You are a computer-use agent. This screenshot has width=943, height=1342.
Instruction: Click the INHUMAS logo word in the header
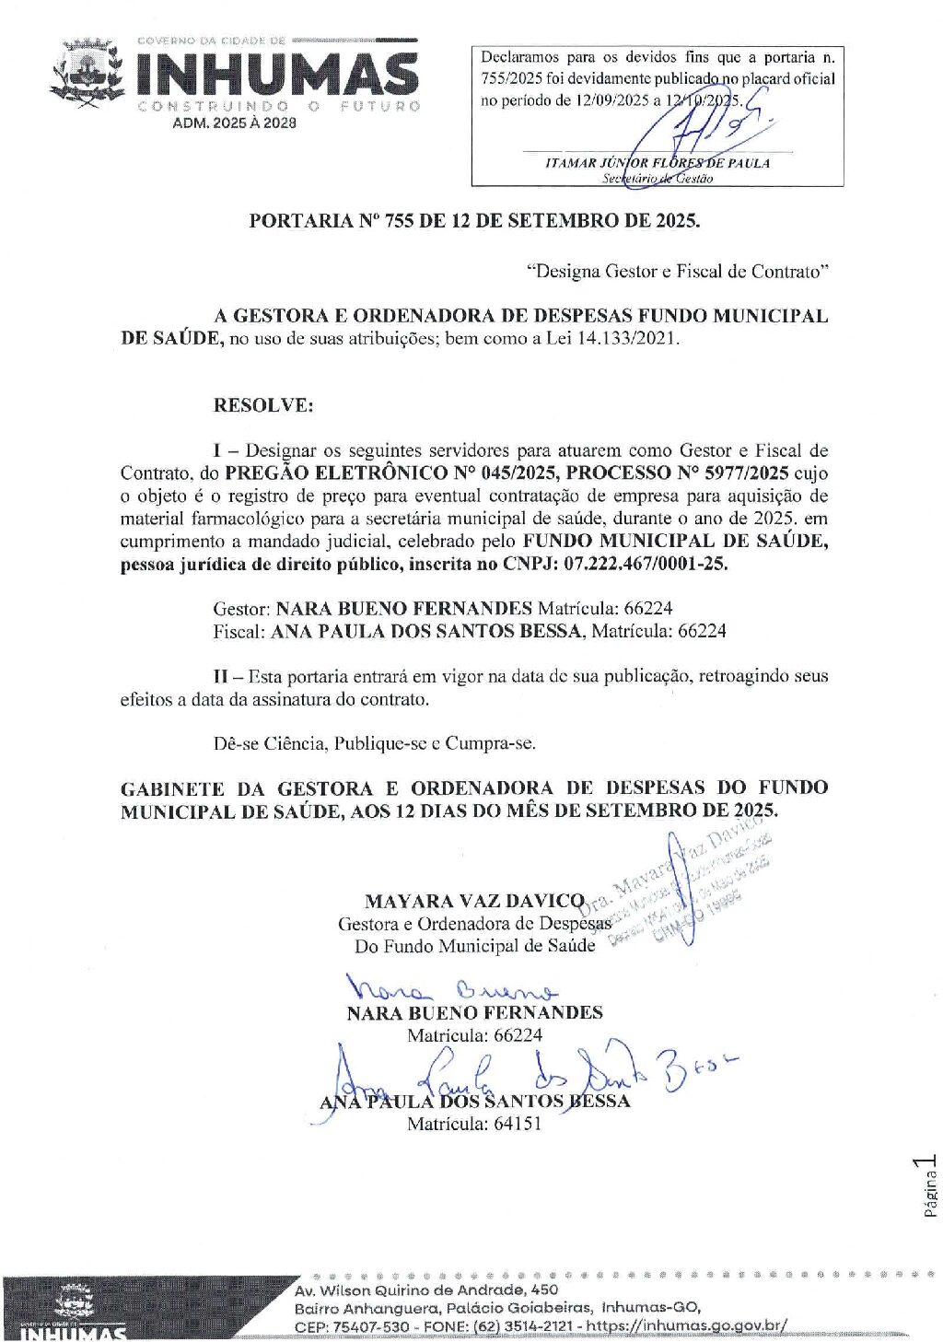click(277, 75)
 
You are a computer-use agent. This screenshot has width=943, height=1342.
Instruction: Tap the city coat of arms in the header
click(87, 74)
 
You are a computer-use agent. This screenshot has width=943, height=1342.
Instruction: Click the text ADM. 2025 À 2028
click(235, 123)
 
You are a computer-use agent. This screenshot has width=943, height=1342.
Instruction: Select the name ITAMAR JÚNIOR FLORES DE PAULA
click(658, 163)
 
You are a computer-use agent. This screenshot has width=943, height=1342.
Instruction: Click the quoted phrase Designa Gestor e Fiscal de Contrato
click(678, 271)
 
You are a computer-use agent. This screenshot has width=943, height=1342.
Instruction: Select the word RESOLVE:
click(263, 405)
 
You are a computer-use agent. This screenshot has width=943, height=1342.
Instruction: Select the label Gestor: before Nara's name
click(242, 608)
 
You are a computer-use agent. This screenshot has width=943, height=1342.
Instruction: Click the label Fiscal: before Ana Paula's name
click(239, 631)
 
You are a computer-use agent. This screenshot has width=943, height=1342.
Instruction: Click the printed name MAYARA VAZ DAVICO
click(475, 901)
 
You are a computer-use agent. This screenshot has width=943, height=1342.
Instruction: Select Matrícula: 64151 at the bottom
click(474, 1124)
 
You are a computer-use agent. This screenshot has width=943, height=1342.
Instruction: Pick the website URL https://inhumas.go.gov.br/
click(687, 1326)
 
